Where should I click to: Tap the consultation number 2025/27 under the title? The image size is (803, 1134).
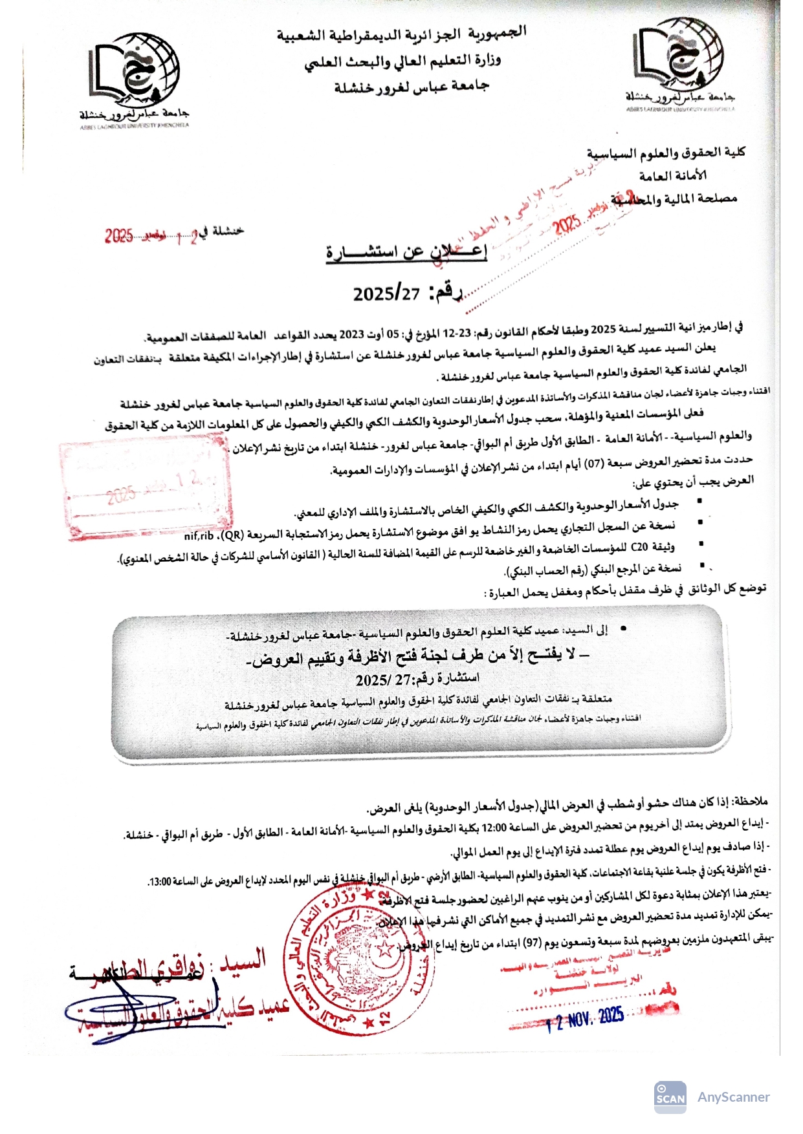[x=386, y=293]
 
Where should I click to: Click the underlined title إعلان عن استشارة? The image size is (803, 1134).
[x=406, y=251]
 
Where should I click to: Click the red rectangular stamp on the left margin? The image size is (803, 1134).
[x=145, y=490]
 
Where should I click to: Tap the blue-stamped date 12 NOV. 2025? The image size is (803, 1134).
[x=585, y=1020]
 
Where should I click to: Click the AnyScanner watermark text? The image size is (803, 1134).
[x=733, y=1097]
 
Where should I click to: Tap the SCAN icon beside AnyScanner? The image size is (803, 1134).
[x=670, y=1097]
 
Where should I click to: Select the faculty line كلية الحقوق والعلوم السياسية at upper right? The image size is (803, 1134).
[x=666, y=153]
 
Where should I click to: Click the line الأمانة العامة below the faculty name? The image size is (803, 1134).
[x=672, y=175]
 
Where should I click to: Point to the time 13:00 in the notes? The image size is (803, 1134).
[x=159, y=882]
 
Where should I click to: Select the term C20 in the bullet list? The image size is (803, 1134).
[x=639, y=548]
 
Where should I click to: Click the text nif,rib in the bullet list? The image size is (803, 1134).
[x=199, y=536]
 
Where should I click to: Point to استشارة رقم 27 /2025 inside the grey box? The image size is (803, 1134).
[x=417, y=679]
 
